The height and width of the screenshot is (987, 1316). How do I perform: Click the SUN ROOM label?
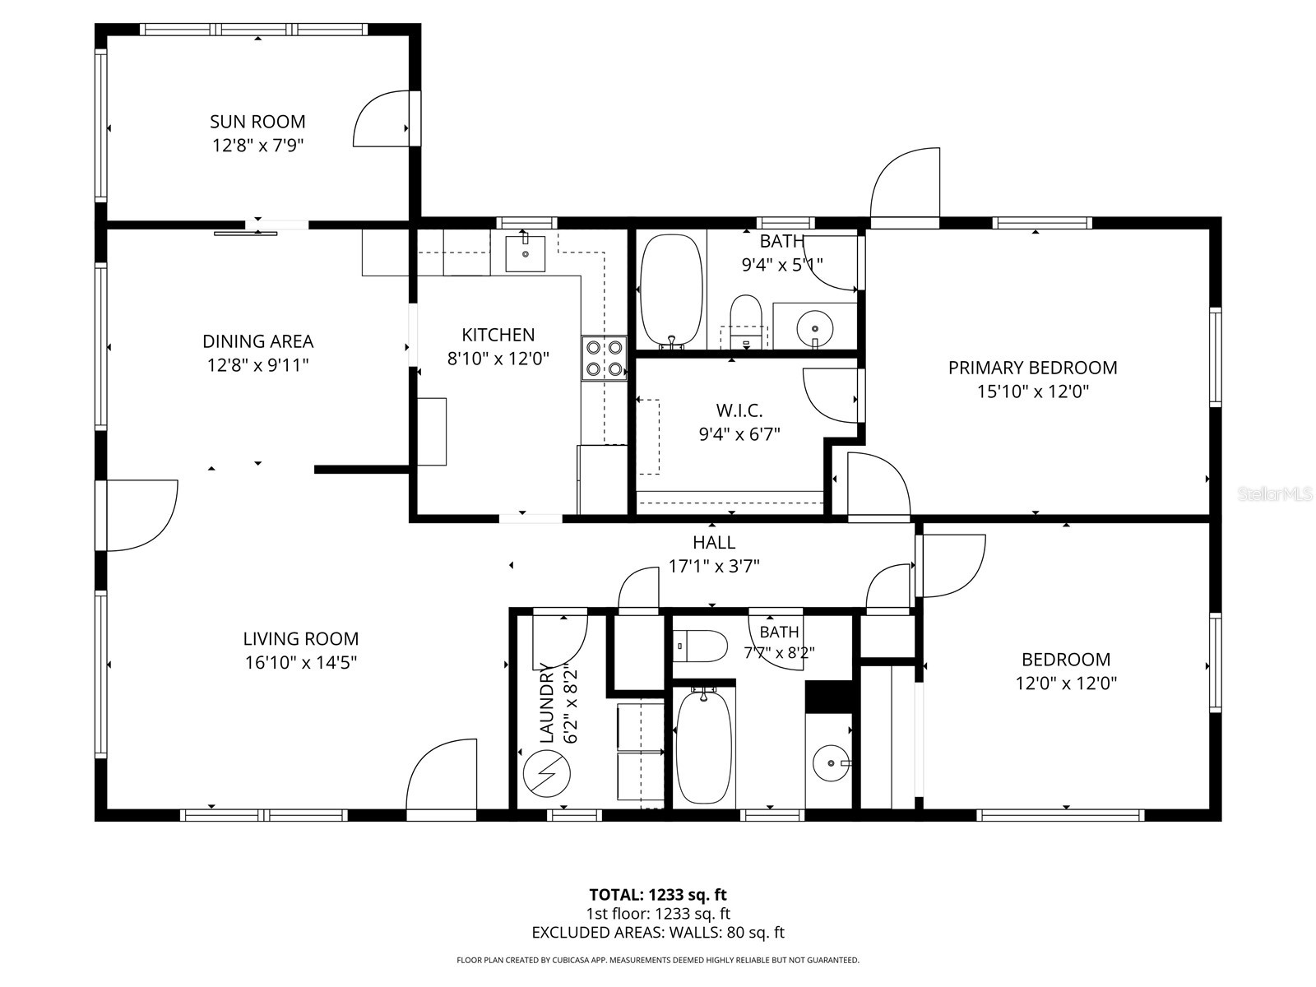pyautogui.click(x=257, y=122)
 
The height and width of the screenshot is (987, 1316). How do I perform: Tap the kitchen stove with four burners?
pyautogui.click(x=605, y=359)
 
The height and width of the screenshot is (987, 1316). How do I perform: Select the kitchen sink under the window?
pyautogui.click(x=526, y=254)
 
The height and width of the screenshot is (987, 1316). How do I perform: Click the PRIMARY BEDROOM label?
pyautogui.click(x=1032, y=368)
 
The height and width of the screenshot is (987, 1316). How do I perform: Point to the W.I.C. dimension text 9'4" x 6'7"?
pyautogui.click(x=739, y=434)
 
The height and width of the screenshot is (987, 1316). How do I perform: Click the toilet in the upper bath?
pyautogui.click(x=746, y=322)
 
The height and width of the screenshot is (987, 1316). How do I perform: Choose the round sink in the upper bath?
pyautogui.click(x=815, y=328)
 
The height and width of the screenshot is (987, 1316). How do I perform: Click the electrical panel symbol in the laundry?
pyautogui.click(x=546, y=774)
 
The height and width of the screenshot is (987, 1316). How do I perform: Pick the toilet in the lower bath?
pyautogui.click(x=700, y=646)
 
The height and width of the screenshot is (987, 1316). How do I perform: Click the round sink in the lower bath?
pyautogui.click(x=831, y=763)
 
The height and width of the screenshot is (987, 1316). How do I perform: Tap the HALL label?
pyautogui.click(x=713, y=542)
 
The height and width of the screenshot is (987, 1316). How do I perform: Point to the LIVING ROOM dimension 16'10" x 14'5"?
pyautogui.click(x=301, y=662)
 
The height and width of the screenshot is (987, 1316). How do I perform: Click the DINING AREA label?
pyautogui.click(x=257, y=341)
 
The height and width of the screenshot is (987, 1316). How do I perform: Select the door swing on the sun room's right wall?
pyautogui.click(x=382, y=118)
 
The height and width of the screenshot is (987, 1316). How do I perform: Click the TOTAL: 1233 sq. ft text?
pyautogui.click(x=658, y=895)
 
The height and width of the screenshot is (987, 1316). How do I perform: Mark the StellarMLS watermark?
pyautogui.click(x=1275, y=493)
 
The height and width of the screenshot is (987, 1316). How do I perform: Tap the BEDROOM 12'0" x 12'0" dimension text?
pyautogui.click(x=1066, y=683)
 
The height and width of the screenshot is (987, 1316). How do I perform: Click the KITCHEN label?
pyautogui.click(x=498, y=335)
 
